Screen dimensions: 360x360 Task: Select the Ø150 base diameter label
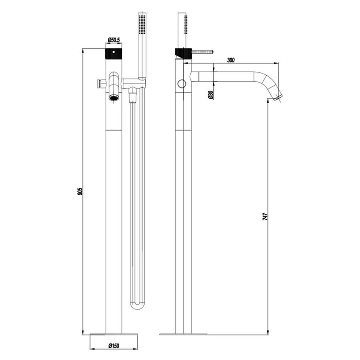coord(114,346)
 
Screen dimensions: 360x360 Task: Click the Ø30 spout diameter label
coord(211,95)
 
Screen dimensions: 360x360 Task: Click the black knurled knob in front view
coord(114,53)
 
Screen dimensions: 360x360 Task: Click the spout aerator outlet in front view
coord(114,98)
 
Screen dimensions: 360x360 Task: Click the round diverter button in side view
coord(182,83)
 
